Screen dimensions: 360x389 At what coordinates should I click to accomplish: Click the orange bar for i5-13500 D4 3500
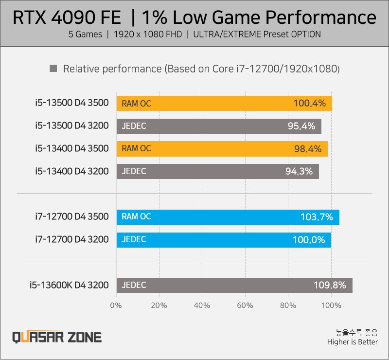click(x=224, y=103)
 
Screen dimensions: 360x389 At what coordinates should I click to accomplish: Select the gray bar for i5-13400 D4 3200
click(x=217, y=171)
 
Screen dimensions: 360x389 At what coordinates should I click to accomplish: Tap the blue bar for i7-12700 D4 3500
click(x=228, y=217)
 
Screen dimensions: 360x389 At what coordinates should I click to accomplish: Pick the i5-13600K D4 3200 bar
click(x=234, y=285)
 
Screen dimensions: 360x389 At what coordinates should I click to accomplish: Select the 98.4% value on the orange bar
click(x=308, y=149)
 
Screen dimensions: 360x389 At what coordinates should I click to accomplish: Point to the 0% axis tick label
click(x=116, y=306)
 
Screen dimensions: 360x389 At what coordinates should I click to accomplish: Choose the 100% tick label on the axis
click(x=332, y=306)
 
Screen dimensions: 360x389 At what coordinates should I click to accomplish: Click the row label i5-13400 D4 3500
click(x=71, y=149)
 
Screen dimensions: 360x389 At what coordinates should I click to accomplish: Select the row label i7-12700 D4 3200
click(x=71, y=240)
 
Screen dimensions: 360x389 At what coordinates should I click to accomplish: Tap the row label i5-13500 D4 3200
click(x=71, y=126)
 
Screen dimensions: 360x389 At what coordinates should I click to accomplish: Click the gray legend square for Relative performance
click(x=53, y=69)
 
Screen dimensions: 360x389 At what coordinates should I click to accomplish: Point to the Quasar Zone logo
click(x=57, y=337)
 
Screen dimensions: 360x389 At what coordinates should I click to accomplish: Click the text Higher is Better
click(x=352, y=342)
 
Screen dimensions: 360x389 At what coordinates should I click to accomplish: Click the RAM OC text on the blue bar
click(x=136, y=217)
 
